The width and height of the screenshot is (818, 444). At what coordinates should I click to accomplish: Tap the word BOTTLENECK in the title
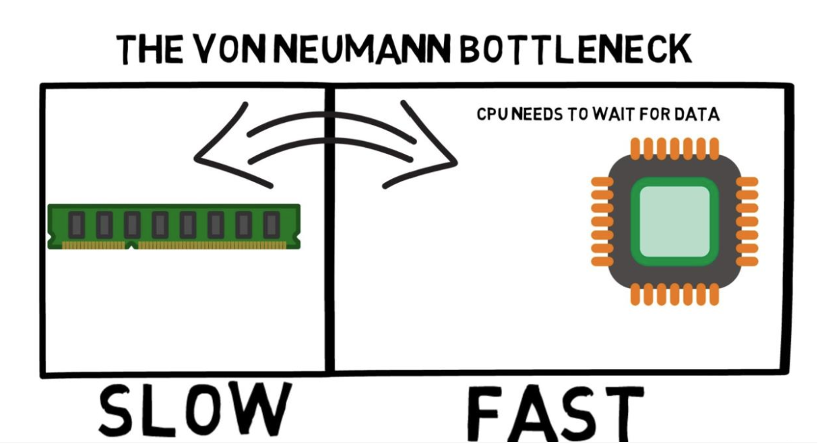pyautogui.click(x=577, y=49)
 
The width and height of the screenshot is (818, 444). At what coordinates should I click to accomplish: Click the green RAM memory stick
pyautogui.click(x=174, y=225)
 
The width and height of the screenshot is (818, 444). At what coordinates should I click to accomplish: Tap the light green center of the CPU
pyautogui.click(x=674, y=221)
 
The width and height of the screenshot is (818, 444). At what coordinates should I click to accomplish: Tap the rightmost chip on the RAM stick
pyautogui.click(x=271, y=224)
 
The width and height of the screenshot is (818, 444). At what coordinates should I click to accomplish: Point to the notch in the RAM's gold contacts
pyautogui.click(x=132, y=244)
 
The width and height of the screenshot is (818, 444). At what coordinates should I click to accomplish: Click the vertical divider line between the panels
pyautogui.click(x=329, y=229)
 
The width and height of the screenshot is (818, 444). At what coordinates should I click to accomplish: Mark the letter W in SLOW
pyautogui.click(x=259, y=409)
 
